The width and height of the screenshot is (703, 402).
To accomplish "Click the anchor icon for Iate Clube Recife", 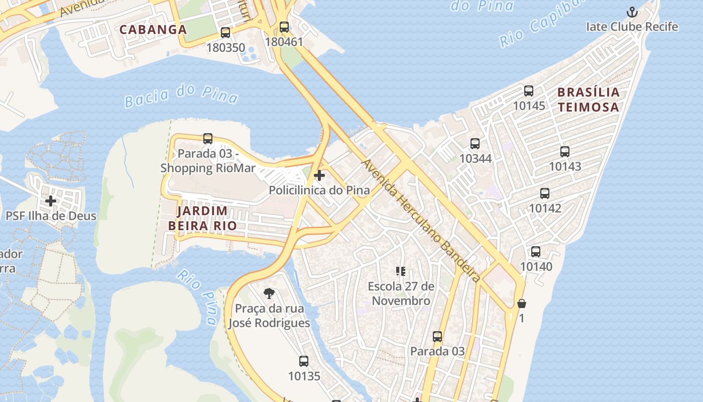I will pyautogui.click(x=632, y=12).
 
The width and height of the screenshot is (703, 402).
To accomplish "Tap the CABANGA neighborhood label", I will pyautogui.click(x=153, y=30).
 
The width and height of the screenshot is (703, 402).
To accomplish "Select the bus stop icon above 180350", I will pyautogui.click(x=225, y=33).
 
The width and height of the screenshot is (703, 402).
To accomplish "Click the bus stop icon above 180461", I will pyautogui.click(x=284, y=27).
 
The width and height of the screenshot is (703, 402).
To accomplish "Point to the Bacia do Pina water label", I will pyautogui.click(x=181, y=95).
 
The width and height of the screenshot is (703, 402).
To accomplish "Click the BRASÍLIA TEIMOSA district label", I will pyautogui.click(x=589, y=99).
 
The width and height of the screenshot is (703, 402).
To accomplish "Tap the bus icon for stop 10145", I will pyautogui.click(x=529, y=91).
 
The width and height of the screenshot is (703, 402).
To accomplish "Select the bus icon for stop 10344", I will pyautogui.click(x=475, y=144).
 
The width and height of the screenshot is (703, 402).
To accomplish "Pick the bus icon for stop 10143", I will pyautogui.click(x=565, y=152).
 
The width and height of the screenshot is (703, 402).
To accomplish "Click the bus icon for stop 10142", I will pyautogui.click(x=545, y=193).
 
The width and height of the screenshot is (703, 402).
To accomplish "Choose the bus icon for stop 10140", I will pyautogui.click(x=536, y=252).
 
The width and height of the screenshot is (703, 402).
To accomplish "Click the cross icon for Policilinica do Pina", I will pyautogui.click(x=319, y=175).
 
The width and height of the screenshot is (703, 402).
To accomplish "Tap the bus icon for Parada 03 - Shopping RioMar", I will pyautogui.click(x=208, y=139).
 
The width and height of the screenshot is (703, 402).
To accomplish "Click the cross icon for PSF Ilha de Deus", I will pyautogui.click(x=51, y=202).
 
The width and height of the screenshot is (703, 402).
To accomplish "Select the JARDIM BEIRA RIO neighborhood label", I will pyautogui.click(x=202, y=218).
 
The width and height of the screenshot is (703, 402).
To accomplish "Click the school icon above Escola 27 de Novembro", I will pyautogui.click(x=400, y=272).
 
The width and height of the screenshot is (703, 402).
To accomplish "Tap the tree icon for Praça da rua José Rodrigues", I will pyautogui.click(x=269, y=293).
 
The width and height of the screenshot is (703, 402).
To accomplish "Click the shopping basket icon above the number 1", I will pyautogui.click(x=522, y=304).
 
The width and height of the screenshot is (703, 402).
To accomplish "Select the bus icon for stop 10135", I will pyautogui.click(x=304, y=361).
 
